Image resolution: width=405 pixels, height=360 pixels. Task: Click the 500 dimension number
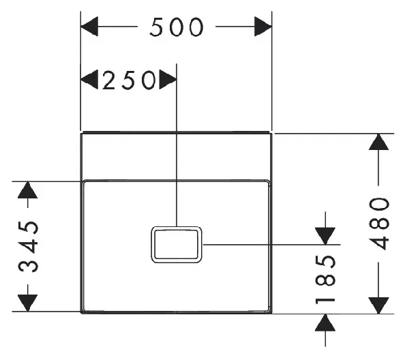(177, 27)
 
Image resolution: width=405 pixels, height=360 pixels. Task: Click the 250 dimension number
(129, 80)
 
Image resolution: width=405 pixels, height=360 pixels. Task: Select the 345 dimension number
(29, 247)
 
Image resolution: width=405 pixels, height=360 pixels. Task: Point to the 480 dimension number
(378, 224)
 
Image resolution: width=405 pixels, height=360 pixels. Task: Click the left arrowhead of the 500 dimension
(89, 27)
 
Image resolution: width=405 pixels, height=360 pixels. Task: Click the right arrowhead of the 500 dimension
(263, 27)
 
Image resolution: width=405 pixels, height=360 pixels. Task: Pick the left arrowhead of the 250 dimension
(89, 79)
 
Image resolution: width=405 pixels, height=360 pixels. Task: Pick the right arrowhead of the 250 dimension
(168, 79)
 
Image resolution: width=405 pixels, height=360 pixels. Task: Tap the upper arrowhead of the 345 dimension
(28, 190)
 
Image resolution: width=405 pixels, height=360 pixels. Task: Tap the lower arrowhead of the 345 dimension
(28, 303)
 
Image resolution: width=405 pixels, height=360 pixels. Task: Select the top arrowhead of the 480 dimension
(378, 142)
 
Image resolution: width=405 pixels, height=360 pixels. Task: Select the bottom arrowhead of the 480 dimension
(378, 305)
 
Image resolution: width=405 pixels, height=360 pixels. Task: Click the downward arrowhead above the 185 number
(325, 236)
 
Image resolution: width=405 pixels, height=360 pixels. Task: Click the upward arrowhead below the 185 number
(325, 322)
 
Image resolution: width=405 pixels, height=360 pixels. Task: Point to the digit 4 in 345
(29, 247)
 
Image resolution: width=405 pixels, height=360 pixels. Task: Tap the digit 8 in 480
(378, 224)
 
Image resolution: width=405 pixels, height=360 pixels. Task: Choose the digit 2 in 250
(108, 80)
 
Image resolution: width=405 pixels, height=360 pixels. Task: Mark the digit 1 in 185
(325, 301)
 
